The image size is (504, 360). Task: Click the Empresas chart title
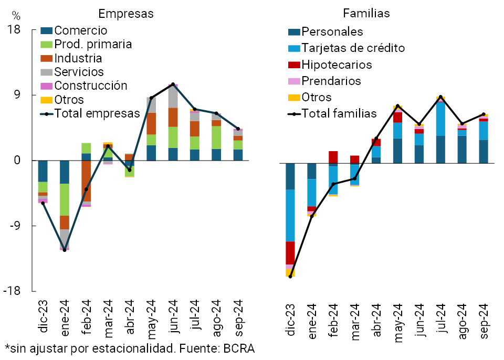click(126, 14)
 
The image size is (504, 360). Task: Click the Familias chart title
click(366, 13)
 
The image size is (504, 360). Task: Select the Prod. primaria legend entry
click(93, 45)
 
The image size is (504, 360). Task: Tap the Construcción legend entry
click(91, 86)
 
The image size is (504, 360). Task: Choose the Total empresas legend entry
click(97, 113)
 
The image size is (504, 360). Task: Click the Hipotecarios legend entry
click(337, 65)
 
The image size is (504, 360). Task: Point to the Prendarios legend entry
click(331, 81)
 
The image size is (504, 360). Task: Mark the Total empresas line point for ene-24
click(65, 250)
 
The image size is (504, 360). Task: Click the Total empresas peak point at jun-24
click(173, 84)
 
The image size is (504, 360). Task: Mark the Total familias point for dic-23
click(290, 276)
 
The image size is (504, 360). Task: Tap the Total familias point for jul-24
click(440, 97)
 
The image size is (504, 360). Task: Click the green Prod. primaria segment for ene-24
click(65, 199)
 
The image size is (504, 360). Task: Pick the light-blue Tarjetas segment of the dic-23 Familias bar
click(290, 215)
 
